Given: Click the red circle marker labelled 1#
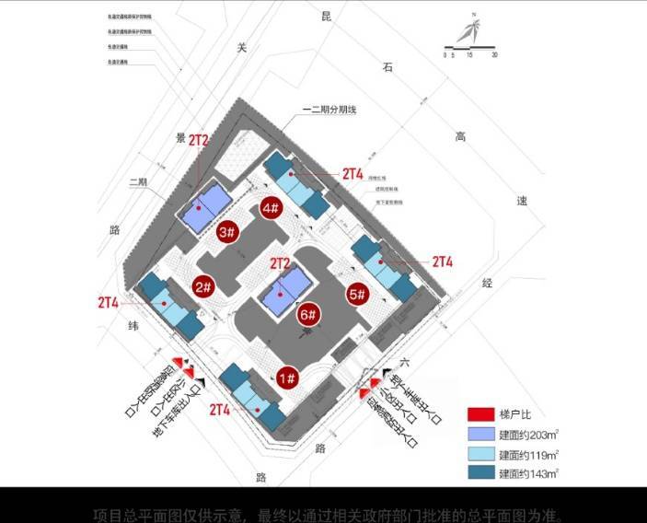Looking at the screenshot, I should tap(287, 378).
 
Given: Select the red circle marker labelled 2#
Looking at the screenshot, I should tap(204, 287).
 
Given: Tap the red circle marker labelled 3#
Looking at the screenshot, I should tap(227, 232).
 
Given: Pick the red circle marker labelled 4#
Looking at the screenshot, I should tap(271, 208).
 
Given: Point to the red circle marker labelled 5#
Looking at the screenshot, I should tap(358, 295).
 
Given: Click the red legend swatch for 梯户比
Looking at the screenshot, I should tap(481, 413).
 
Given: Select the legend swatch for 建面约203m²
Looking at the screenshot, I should tap(481, 434).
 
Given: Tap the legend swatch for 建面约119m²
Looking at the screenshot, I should tap(481, 454).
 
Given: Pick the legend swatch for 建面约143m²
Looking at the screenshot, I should tap(481, 474).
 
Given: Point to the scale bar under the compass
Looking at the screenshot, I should tap(470, 47).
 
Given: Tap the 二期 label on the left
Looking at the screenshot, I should tap(138, 181).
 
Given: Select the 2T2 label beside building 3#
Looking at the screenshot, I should tap(199, 141).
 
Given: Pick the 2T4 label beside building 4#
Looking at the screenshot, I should tap(352, 173).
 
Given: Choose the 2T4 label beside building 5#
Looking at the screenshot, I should tap(443, 261).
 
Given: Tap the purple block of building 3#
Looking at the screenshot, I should tap(206, 208).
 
